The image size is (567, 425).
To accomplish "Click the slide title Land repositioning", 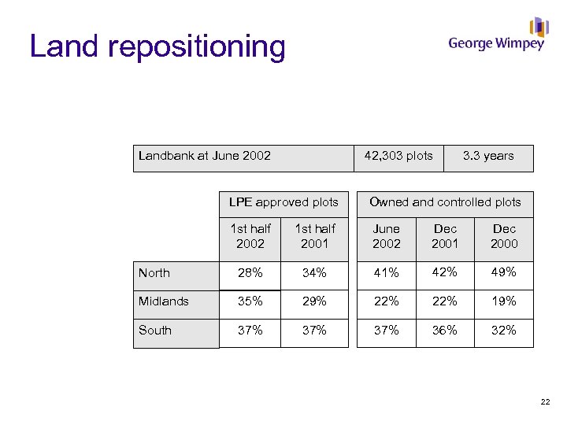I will [157, 46].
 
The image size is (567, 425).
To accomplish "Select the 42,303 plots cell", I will [398, 156].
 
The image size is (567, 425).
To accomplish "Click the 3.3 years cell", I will [488, 156].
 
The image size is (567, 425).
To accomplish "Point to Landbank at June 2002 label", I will [205, 156].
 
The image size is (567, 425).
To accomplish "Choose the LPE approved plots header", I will [283, 202].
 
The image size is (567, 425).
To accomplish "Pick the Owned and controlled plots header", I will [445, 202].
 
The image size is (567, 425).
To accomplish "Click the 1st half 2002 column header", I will [250, 236].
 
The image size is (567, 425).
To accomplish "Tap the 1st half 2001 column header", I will [314, 236].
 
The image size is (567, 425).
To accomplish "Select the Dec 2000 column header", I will [504, 236].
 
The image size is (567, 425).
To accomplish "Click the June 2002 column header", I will [387, 236].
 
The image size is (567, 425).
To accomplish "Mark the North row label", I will [154, 273].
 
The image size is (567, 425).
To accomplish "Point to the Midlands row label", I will [164, 301].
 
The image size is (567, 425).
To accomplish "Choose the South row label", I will [155, 331].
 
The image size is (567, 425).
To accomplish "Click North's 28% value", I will [250, 273].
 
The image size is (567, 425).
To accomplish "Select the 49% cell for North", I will [504, 272].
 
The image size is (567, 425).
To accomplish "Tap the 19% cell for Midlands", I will [504, 301].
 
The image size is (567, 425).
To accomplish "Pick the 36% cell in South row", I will [445, 331].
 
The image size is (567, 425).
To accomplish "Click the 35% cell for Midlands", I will [250, 301].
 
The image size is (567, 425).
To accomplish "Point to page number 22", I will [545, 403].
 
